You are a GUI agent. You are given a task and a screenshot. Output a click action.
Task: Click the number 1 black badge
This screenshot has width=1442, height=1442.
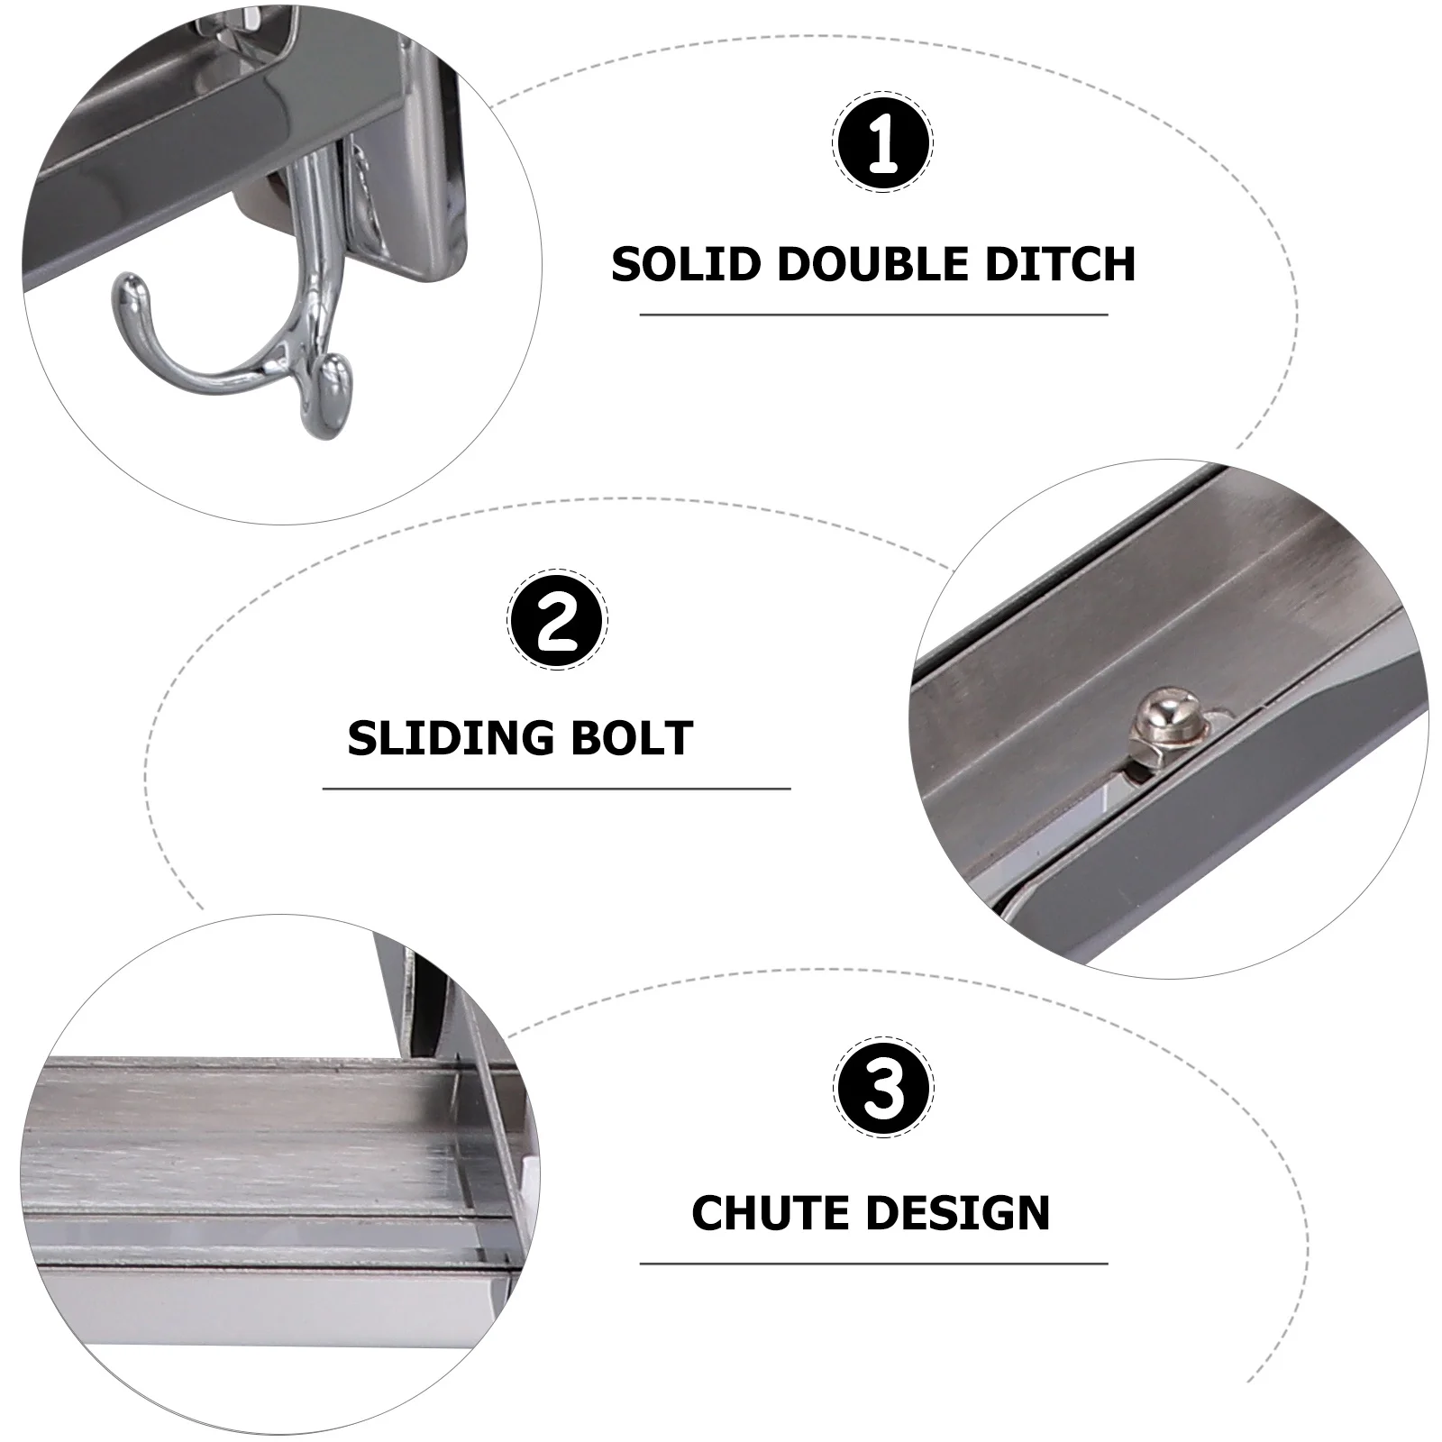coord(882,143)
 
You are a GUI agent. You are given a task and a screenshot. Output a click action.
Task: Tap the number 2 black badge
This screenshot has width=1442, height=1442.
coord(558,620)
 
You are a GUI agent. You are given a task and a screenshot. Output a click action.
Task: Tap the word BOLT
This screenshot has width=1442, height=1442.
coord(638,739)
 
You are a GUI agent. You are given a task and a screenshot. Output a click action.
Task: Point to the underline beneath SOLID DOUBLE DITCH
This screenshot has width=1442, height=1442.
coord(873,315)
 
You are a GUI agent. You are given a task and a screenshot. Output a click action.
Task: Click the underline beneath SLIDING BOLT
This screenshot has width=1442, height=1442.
coord(556,789)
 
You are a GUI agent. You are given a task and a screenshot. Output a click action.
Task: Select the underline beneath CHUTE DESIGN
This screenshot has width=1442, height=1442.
coord(873,1264)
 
